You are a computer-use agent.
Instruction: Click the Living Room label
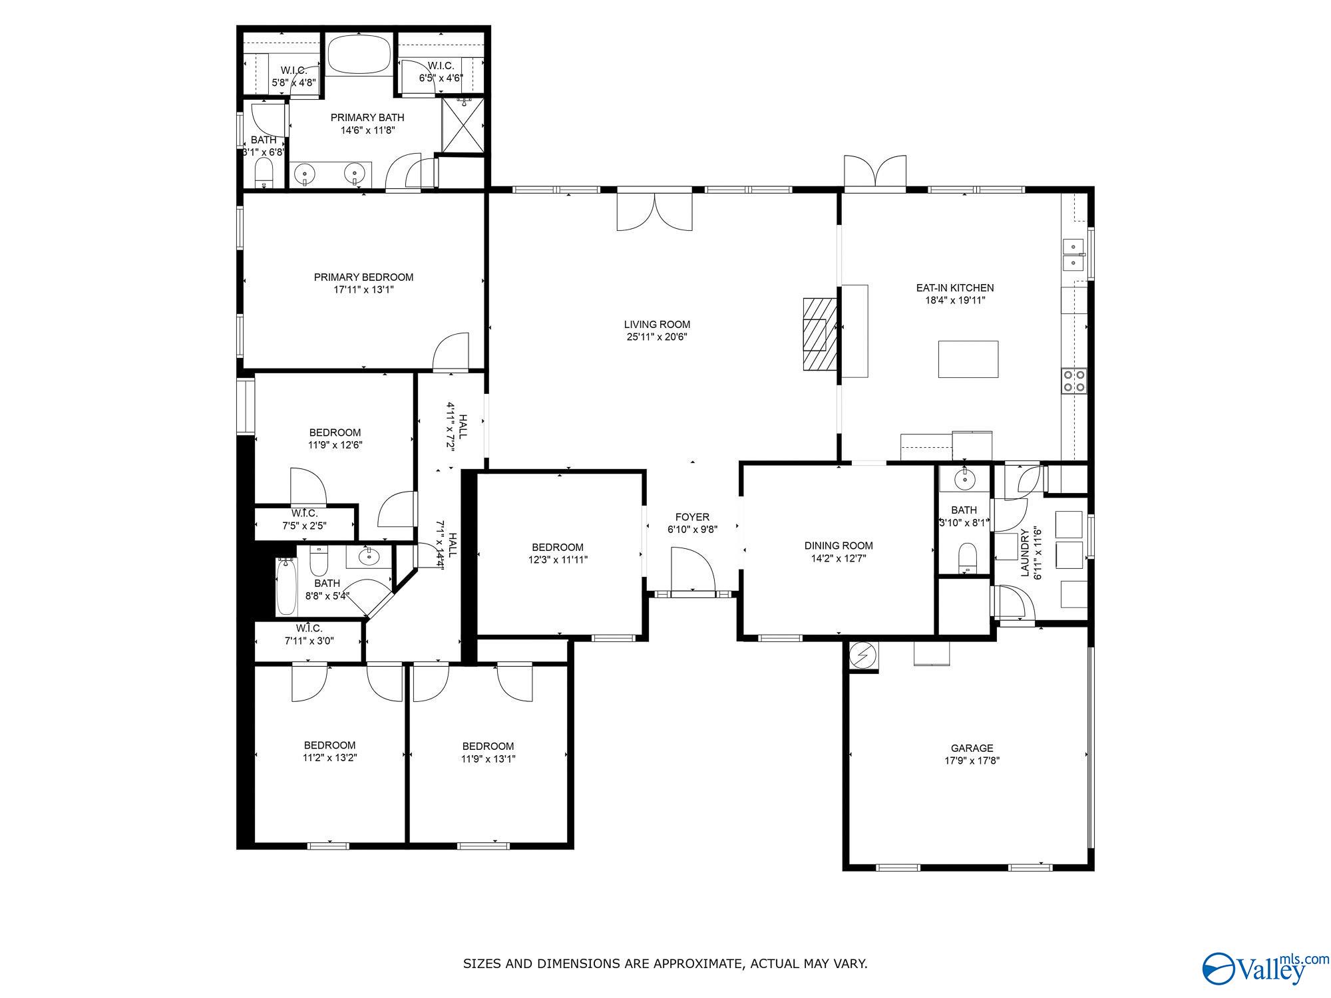[x=656, y=325]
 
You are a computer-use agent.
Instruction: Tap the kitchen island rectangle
[x=968, y=359]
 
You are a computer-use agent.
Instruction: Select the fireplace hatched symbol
[x=819, y=333]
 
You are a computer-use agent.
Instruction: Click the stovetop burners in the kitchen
[x=1073, y=381]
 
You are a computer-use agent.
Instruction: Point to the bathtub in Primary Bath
[x=359, y=55]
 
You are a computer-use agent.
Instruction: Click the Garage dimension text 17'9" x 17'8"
[x=972, y=760]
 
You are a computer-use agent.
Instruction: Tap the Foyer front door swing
[x=692, y=569]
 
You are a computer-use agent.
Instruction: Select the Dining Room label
[x=838, y=546]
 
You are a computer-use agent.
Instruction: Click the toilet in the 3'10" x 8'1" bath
[x=967, y=558]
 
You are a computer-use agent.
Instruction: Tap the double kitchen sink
[x=1073, y=255]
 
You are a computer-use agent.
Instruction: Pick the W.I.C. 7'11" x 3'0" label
[x=309, y=628]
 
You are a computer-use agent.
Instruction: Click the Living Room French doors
[x=655, y=212]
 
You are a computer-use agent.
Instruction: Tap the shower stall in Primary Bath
[x=464, y=125]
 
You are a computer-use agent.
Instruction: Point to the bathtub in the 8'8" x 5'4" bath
[x=286, y=586]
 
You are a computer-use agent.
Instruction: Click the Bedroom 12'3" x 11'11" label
[x=557, y=547]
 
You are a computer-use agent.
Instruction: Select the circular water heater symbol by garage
[x=863, y=656]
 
